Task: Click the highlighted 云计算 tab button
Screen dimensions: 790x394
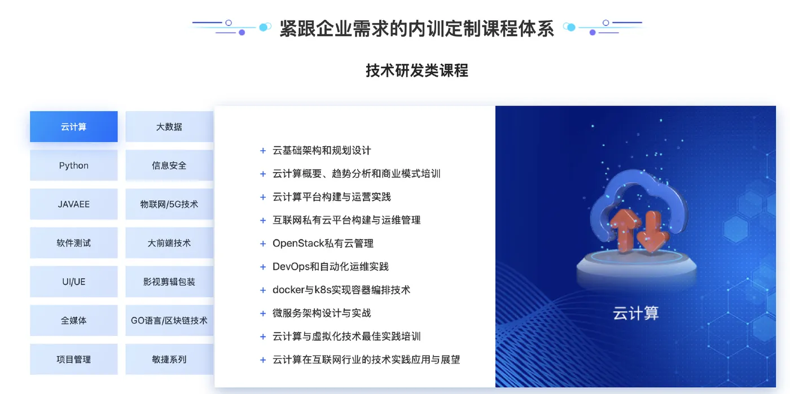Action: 74,126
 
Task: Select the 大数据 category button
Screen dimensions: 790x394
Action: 169,126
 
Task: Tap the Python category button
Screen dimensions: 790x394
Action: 74,165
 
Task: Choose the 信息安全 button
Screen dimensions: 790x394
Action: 169,165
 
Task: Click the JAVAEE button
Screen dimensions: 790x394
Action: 74,204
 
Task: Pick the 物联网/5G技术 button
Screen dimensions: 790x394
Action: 169,204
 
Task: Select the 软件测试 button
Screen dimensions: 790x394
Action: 74,243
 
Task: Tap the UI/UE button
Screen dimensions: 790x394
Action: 74,282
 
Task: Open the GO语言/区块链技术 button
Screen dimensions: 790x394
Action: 169,321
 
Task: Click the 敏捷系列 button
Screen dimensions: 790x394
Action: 169,360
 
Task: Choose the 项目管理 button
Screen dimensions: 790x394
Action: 74,360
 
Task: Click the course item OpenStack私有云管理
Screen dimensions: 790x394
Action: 323,243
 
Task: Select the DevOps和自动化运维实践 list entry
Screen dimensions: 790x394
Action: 331,266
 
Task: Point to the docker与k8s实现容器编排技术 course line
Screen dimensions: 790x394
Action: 341,290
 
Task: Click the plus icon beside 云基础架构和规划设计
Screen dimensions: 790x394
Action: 263,151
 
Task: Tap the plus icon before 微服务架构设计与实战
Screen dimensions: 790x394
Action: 263,314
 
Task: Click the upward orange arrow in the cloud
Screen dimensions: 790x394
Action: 625,230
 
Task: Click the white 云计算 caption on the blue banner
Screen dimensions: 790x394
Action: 635,313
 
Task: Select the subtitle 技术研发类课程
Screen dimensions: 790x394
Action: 417,70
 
